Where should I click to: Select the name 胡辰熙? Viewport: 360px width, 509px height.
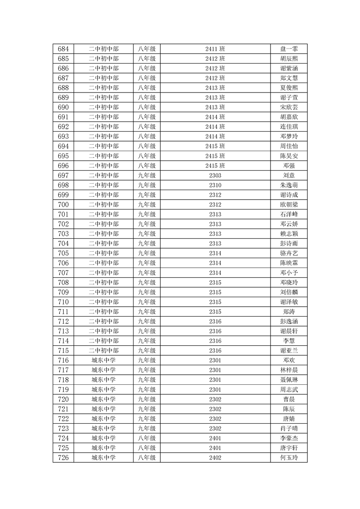(289, 59)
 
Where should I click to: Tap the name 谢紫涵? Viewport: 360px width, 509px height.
(289, 69)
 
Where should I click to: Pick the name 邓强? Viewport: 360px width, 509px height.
(289, 166)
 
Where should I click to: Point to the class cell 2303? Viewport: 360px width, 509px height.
(215, 176)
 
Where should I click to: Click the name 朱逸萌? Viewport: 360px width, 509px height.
(289, 185)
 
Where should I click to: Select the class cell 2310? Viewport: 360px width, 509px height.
(215, 185)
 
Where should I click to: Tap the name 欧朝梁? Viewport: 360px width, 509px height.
(289, 205)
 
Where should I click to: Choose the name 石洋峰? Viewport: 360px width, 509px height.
(289, 214)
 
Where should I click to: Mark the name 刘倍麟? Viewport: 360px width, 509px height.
(289, 292)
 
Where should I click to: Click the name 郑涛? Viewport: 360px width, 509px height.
(289, 312)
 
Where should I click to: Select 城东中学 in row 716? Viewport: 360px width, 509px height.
(104, 360)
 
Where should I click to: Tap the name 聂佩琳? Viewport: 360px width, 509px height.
(289, 380)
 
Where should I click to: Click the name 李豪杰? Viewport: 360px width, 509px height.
(289, 438)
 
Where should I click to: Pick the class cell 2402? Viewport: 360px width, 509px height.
(215, 458)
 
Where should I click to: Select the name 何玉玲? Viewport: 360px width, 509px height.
(289, 458)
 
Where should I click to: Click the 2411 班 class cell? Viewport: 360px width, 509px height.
(215, 49)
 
